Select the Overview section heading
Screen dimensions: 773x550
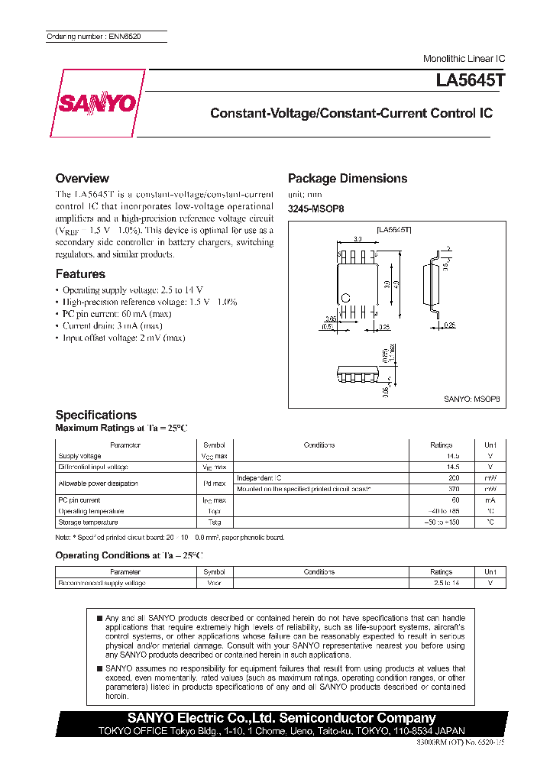click(x=82, y=178)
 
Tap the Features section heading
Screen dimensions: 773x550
click(x=80, y=273)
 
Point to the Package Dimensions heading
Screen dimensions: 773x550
click(x=347, y=178)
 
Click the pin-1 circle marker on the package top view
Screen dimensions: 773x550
click(x=345, y=296)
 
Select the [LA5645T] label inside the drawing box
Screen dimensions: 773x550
click(x=394, y=229)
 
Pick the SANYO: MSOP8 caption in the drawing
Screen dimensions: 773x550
click(x=471, y=398)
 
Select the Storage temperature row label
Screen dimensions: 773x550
click(x=88, y=522)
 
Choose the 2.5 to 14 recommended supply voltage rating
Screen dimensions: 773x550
click(x=441, y=583)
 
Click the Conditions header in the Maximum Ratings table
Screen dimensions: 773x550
click(x=319, y=445)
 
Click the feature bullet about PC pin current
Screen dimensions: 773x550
click(x=116, y=314)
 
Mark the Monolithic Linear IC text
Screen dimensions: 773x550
click(x=464, y=59)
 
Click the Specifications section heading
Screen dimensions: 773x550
click(x=95, y=415)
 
